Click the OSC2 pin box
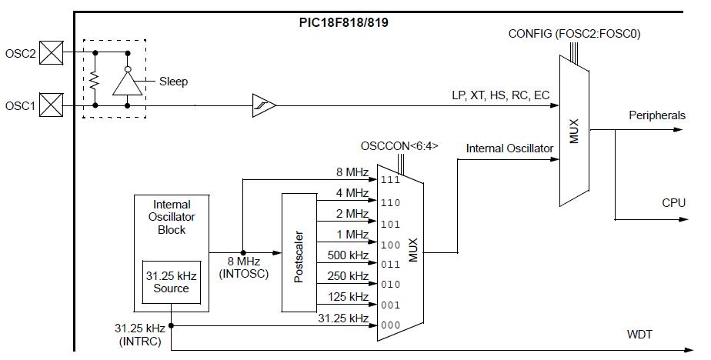51,53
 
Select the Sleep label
173,81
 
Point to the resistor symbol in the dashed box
94,79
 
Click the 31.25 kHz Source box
171,282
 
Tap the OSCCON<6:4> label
399,146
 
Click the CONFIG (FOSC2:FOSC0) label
575,34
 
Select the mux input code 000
390,325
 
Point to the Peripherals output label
656,115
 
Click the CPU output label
673,203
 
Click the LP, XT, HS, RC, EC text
501,95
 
